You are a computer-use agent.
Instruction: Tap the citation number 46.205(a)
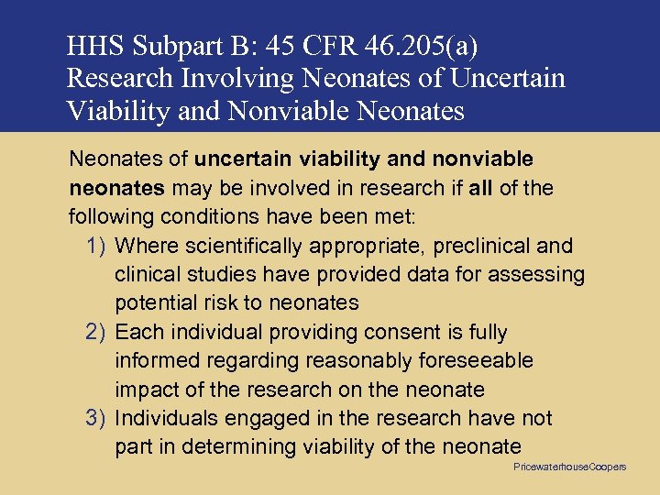426,46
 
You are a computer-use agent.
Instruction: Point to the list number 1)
98,246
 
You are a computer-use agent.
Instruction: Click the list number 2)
98,332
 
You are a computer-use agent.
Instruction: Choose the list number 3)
98,418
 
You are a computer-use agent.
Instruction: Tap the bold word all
479,189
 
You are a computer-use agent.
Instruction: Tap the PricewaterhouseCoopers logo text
569,467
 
